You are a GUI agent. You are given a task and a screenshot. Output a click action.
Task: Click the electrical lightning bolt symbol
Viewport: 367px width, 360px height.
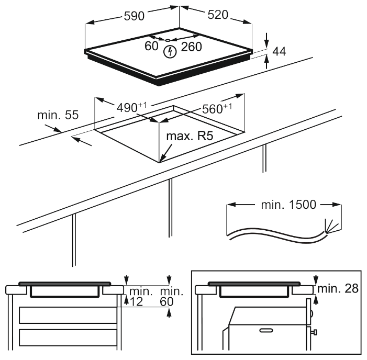click(169, 51)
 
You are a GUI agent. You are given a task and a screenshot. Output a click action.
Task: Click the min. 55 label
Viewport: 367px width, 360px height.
click(57, 115)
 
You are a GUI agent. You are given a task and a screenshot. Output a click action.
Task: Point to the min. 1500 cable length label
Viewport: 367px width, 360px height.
click(288, 204)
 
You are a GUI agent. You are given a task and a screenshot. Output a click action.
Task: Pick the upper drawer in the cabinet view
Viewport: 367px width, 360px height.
click(68, 316)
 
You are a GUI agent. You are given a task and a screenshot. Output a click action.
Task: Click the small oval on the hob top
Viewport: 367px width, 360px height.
click(167, 39)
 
